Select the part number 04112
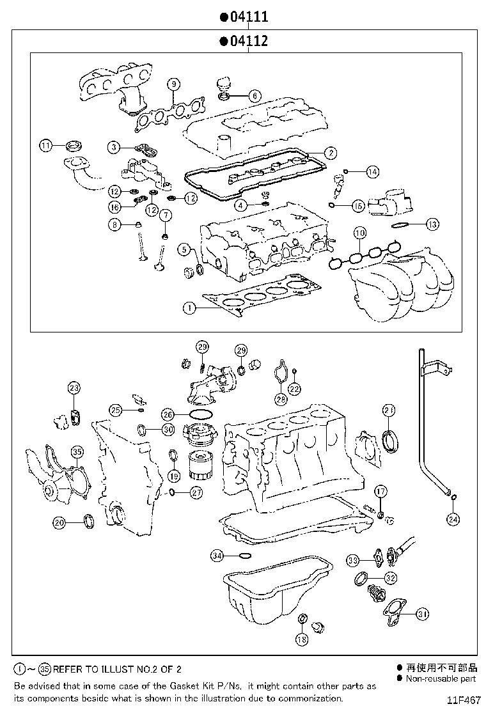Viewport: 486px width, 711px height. tap(248, 42)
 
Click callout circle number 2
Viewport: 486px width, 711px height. tap(330, 152)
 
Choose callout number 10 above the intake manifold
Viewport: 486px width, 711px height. tap(359, 233)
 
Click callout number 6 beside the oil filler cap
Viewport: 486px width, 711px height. tap(254, 96)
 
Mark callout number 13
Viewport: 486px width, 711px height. tap(433, 224)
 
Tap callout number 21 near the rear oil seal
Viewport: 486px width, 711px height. tap(389, 409)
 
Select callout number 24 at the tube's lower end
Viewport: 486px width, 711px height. tap(453, 519)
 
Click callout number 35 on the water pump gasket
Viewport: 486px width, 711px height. tap(77, 452)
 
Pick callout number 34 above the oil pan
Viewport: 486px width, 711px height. tap(218, 556)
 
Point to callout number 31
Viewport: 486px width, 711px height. tap(421, 614)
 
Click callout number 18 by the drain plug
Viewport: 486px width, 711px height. tap(302, 639)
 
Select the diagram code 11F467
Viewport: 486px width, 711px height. tap(463, 700)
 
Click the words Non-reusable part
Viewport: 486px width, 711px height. tap(441, 678)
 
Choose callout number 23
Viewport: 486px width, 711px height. tap(74, 387)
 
